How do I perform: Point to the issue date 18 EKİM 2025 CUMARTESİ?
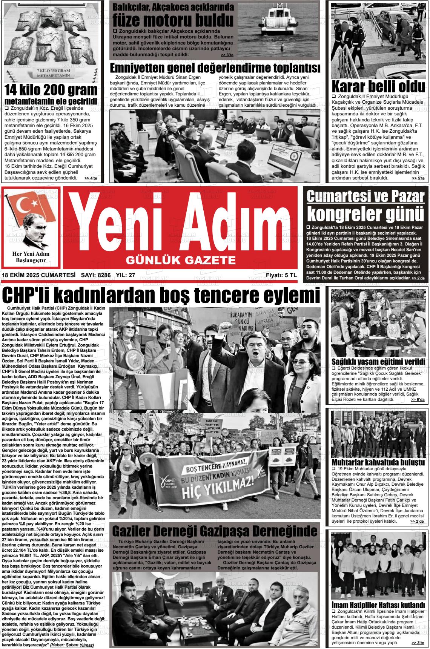(38, 275)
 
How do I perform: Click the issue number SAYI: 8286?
(96, 275)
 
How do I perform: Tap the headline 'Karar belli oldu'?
(378, 86)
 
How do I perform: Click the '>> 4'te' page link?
(91, 178)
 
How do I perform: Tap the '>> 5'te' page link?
(418, 178)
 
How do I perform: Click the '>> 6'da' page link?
(418, 399)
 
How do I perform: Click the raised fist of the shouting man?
(225, 325)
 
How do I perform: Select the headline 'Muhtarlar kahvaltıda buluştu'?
(378, 462)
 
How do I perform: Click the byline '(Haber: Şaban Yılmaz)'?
(72, 645)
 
